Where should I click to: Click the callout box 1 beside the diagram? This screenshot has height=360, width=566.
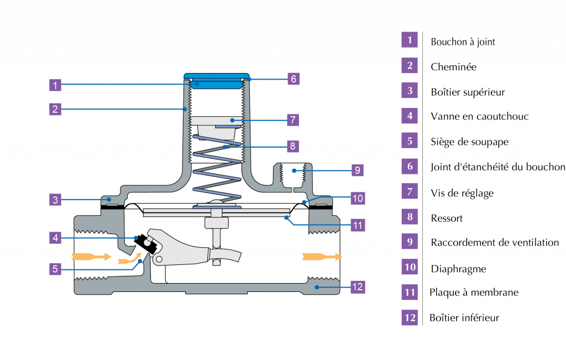pos(55,85)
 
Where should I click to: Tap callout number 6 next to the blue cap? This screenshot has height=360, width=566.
pos(294,79)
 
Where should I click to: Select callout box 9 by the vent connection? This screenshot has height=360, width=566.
pos(358,170)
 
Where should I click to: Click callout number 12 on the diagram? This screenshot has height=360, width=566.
pos(358,287)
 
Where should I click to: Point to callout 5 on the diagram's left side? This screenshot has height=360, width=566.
pos(55,269)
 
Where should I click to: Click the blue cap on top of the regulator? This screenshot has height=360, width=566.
pos(216,81)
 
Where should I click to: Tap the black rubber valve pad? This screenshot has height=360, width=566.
pos(146,244)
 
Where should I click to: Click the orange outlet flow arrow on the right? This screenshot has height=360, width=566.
pos(322,257)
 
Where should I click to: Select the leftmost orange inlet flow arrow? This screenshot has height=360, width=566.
pos(91,257)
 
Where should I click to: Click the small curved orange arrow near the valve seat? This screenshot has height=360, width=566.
pos(129,259)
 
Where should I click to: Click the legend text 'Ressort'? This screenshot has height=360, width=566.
pos(447,218)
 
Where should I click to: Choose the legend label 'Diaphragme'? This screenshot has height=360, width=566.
pos(458,269)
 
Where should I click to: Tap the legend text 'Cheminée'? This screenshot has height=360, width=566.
pos(453,67)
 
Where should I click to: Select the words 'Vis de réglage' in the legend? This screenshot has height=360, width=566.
pos(462,193)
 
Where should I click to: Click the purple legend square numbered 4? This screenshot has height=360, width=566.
pos(410,116)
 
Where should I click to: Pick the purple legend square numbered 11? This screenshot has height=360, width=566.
pos(410,292)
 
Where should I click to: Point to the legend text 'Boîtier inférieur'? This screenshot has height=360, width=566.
pos(464,318)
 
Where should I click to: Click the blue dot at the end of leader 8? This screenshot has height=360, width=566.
pos(224,147)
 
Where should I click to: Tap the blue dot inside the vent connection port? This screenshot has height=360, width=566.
pos(294,170)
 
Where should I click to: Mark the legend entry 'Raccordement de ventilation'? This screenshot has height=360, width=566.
pos(495,242)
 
